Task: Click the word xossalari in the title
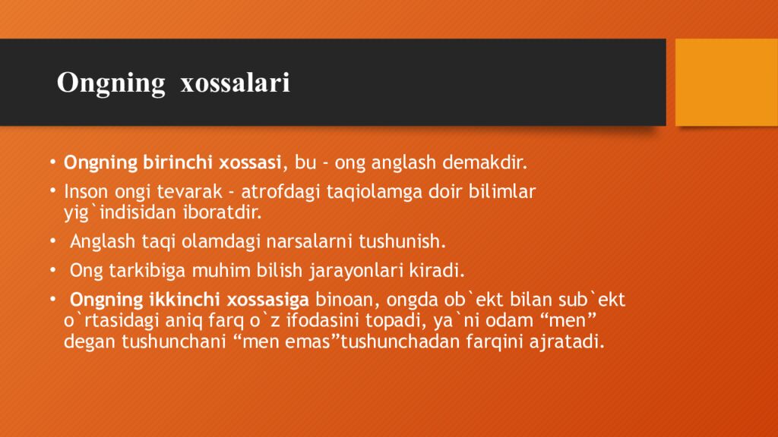coord(235,83)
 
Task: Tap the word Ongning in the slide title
coord(111,83)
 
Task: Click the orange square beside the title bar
coord(726,82)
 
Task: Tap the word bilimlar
coord(505,192)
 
